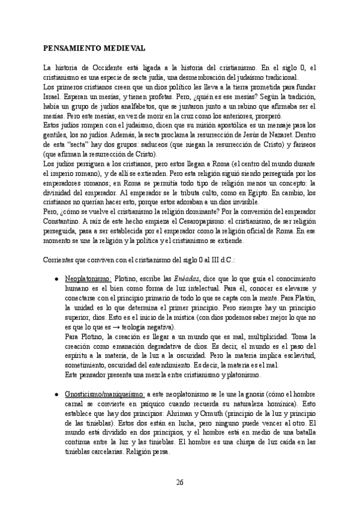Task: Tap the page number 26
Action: [x=180, y=482]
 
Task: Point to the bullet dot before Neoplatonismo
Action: [x=56, y=280]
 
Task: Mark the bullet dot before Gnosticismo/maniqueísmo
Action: [x=56, y=396]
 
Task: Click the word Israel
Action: [x=53, y=95]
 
